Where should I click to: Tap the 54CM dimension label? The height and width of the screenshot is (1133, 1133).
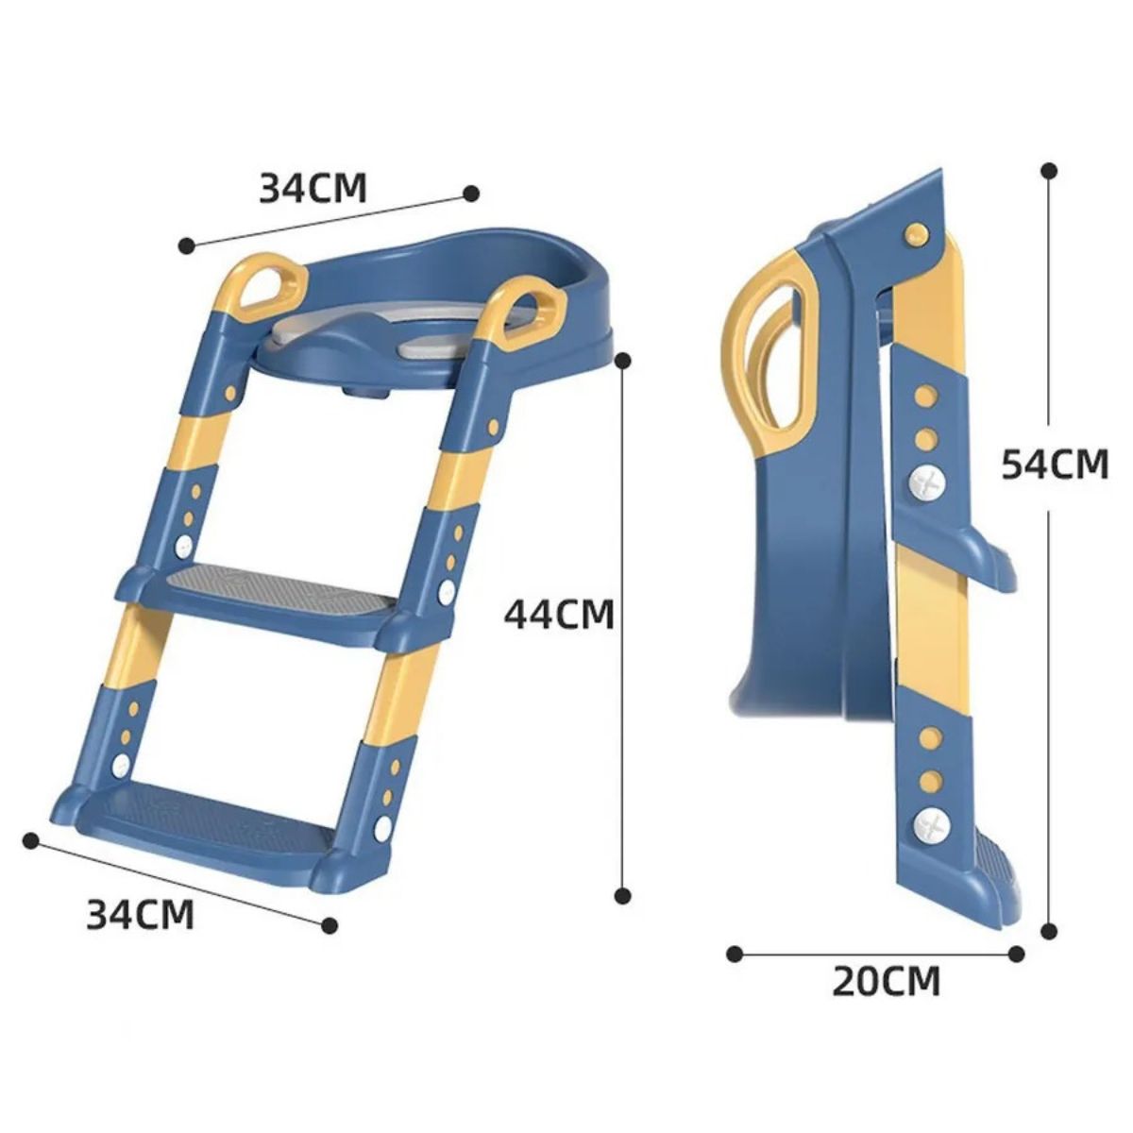[x=1055, y=464]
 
